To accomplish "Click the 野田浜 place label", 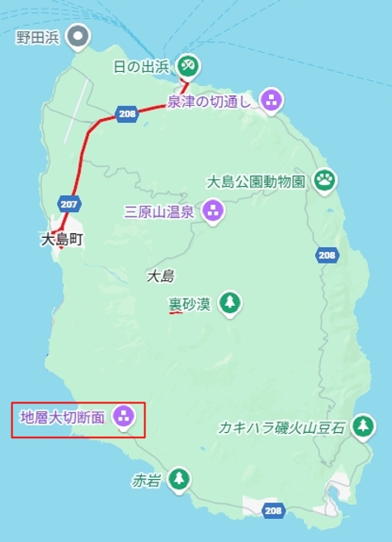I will [38, 36].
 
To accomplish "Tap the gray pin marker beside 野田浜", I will [78, 36].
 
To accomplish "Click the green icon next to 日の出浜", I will [189, 64].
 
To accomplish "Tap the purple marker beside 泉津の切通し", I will [272, 101].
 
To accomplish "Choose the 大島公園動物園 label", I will [257, 180].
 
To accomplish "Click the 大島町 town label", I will [62, 240].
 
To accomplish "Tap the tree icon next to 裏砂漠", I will [229, 304].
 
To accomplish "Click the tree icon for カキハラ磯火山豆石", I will [361, 426].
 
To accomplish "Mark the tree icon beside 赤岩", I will [178, 478].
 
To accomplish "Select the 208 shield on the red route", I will [126, 115].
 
